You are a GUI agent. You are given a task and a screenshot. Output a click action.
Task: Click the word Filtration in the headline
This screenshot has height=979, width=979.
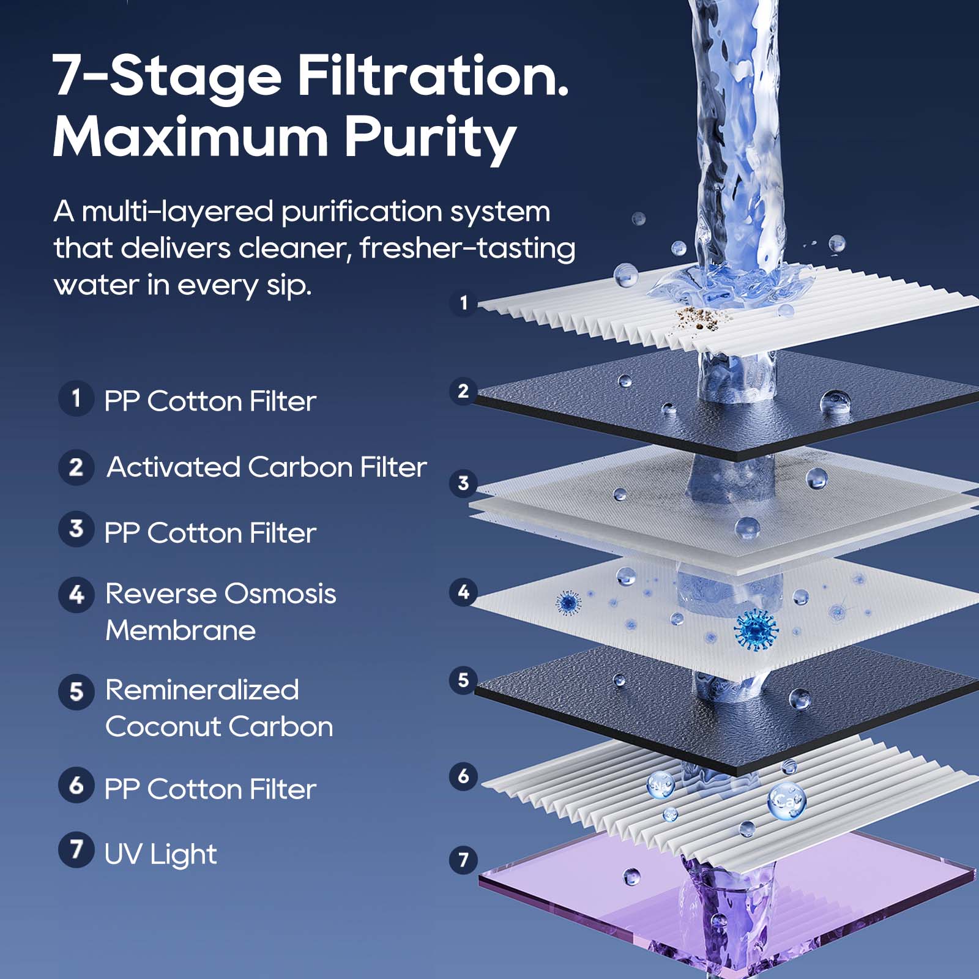(x=433, y=76)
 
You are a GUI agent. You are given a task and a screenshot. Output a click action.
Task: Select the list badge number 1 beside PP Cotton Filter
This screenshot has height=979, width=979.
(x=76, y=398)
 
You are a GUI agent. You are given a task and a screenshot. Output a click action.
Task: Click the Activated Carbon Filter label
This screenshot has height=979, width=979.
(x=266, y=467)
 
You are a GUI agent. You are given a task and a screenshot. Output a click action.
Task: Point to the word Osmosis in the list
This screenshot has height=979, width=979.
(x=280, y=594)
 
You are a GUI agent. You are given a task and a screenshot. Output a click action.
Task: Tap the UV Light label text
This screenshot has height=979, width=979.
(x=160, y=854)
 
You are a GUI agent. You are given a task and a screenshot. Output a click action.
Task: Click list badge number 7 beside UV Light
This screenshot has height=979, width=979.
(x=76, y=849)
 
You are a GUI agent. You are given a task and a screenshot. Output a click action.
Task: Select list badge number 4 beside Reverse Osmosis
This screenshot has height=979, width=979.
(x=76, y=594)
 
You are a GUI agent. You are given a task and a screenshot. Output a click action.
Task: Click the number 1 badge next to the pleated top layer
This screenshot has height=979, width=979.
(x=463, y=302)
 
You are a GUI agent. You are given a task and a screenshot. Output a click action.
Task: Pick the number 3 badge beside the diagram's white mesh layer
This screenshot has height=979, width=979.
(x=463, y=483)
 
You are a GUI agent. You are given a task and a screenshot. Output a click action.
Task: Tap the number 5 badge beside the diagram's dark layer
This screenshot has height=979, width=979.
(x=463, y=680)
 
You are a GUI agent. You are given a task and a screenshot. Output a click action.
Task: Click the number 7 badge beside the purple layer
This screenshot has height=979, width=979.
(x=463, y=860)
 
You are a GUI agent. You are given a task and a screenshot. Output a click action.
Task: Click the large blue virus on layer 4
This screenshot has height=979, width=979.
(x=756, y=629)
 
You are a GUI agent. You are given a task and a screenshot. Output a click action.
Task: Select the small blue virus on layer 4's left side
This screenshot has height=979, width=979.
(x=568, y=603)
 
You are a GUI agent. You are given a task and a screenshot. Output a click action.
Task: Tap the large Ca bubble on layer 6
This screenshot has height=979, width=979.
(x=786, y=800)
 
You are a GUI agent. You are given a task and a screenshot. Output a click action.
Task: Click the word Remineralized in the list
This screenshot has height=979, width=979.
(x=202, y=690)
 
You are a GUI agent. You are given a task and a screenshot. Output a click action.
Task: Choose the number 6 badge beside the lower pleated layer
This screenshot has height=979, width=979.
(x=463, y=776)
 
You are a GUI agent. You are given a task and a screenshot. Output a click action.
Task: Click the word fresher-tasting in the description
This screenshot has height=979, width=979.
(x=467, y=248)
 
